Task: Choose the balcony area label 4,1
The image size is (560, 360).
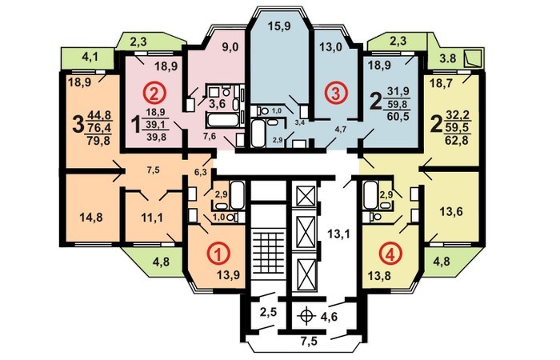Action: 90,58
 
